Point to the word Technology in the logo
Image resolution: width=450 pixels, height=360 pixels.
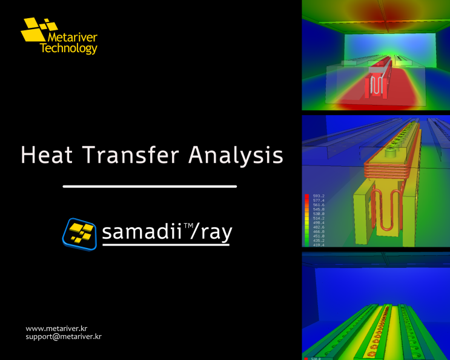(x=68, y=49)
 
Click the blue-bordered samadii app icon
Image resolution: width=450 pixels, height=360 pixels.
(x=79, y=234)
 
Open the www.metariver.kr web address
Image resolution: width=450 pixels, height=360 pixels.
(x=56, y=328)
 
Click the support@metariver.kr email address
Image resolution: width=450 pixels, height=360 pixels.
(x=63, y=336)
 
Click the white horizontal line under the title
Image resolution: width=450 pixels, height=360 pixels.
(x=150, y=186)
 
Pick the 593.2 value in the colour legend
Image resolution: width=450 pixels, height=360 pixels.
(x=319, y=196)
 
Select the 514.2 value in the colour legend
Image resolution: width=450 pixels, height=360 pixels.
(x=319, y=218)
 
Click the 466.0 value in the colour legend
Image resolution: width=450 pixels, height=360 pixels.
(x=319, y=232)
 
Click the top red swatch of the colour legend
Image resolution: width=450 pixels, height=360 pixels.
(x=308, y=196)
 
